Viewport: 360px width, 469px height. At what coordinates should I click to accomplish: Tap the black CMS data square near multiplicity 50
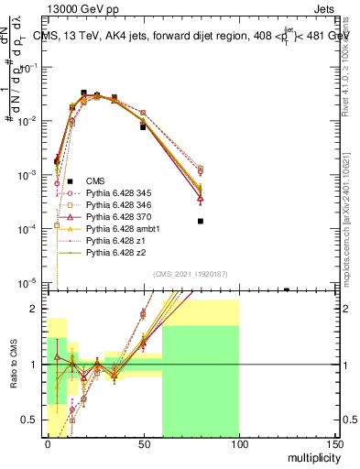pos(143,127)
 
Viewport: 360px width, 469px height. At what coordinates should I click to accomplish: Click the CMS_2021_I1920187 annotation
pos(191,274)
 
